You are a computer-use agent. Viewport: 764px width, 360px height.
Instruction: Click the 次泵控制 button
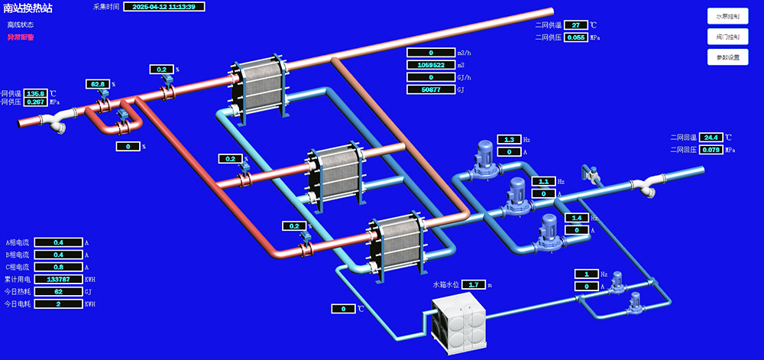coord(727,16)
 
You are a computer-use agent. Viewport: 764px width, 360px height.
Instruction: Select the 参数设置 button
coord(727,57)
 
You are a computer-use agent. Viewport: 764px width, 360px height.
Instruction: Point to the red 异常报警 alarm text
coord(21,37)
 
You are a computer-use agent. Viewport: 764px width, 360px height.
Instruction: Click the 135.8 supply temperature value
coord(36,93)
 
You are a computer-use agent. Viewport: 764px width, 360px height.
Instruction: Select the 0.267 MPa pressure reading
coord(36,102)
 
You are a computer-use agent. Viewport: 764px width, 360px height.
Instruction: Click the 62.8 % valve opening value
coord(98,84)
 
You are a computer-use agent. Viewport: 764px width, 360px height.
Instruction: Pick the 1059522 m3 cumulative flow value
coord(430,65)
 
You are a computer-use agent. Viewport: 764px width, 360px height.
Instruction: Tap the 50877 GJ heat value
coord(430,89)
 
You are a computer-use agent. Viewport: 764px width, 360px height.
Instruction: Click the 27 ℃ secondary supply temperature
coord(575,25)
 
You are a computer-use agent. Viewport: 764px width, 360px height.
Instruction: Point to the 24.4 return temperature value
coord(711,138)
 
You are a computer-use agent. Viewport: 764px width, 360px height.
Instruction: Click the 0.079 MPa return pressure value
coord(711,150)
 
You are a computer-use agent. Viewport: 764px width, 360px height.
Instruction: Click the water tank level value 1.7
coord(473,285)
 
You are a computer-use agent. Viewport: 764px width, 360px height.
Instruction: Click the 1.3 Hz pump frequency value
coord(509,140)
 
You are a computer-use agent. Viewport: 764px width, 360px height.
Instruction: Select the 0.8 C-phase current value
coord(57,267)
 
